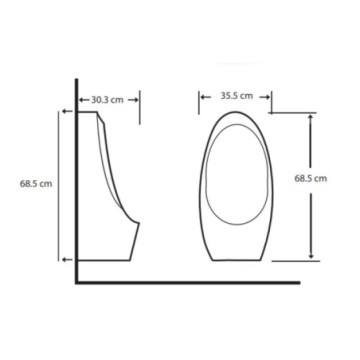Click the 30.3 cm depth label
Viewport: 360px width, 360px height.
click(x=107, y=100)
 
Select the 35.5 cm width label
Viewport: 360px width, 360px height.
click(x=237, y=96)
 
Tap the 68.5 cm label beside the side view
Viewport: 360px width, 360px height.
click(x=36, y=184)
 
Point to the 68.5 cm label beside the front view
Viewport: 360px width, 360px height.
click(x=311, y=178)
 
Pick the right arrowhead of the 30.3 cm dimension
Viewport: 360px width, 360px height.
click(x=133, y=100)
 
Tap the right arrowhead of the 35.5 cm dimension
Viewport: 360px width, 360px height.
click(x=265, y=97)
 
